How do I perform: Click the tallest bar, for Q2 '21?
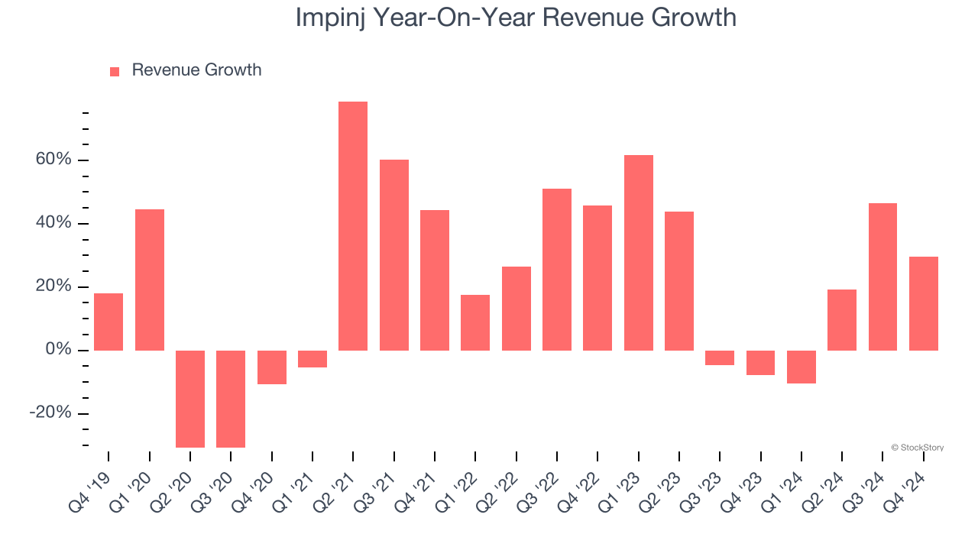coord(353,226)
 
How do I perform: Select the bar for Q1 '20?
coord(150,280)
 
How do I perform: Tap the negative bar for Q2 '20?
coord(190,399)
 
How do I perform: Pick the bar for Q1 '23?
coord(638,253)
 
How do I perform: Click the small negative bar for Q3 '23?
coord(720,357)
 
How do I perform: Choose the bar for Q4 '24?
coord(923,303)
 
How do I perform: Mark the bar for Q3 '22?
coord(557,270)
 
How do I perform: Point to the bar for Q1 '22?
coord(475,322)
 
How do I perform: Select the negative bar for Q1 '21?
coord(313,359)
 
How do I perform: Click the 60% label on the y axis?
coord(52,160)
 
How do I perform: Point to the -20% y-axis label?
coord(50,413)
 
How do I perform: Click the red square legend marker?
coord(115,71)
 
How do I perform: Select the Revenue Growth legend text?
coord(196,70)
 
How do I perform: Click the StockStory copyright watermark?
coord(917,448)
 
